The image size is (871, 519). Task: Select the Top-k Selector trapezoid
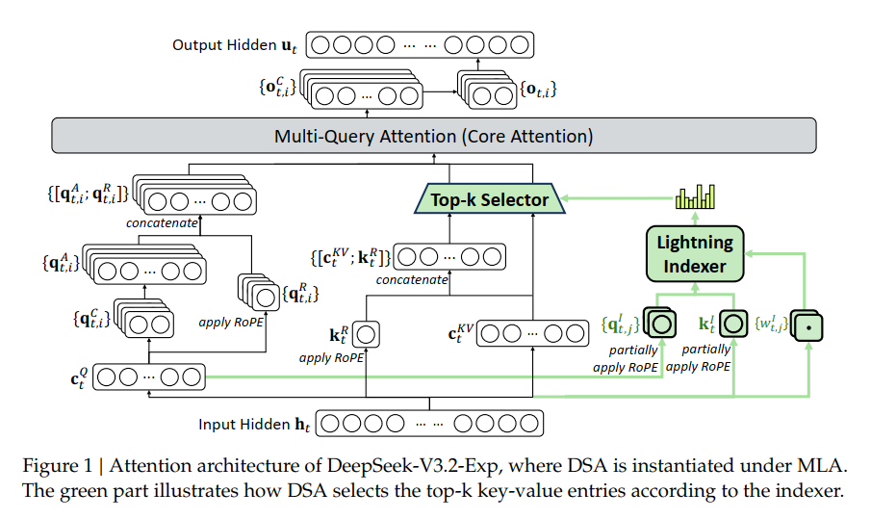[x=490, y=200]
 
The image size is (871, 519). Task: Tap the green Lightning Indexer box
[x=696, y=253]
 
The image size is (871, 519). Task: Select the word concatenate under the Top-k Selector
[x=412, y=279]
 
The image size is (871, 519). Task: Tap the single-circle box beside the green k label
[x=733, y=323]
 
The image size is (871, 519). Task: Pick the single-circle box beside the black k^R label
[x=365, y=334]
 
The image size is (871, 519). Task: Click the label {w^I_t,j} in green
[x=770, y=322]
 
